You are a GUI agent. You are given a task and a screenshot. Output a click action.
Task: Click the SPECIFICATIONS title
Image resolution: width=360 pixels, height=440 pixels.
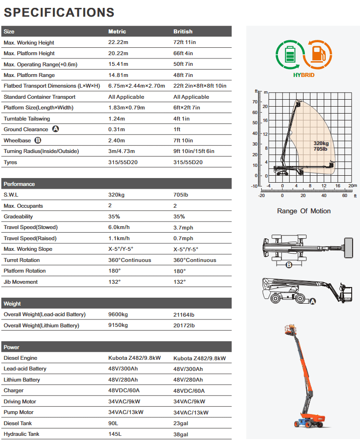59,12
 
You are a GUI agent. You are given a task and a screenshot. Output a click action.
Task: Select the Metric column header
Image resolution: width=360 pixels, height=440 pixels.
117,32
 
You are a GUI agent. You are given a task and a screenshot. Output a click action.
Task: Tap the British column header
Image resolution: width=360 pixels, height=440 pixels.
183,32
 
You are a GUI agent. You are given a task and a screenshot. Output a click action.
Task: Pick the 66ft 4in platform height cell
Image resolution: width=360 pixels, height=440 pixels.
183,53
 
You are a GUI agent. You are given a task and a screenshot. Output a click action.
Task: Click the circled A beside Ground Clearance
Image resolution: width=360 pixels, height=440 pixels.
56,129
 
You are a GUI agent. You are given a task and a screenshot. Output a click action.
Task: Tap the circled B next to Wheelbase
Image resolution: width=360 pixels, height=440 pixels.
38,140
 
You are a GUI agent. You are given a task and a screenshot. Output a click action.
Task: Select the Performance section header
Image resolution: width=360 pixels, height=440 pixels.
19,184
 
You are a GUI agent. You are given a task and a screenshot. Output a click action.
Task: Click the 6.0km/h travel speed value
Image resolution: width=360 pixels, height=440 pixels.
119,227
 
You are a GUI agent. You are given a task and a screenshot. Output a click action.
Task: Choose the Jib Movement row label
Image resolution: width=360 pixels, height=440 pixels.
21,282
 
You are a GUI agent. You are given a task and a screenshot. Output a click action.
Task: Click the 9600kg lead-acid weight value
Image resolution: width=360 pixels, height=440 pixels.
118,314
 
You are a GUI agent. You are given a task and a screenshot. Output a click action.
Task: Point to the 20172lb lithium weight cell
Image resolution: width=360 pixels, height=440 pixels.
184,325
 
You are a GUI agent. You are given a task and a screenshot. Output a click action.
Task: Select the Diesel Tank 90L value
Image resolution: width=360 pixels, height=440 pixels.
114,423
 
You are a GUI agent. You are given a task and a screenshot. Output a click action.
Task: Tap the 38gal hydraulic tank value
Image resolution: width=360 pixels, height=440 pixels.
181,434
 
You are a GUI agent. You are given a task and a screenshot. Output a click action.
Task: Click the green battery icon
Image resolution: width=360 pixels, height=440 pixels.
289,55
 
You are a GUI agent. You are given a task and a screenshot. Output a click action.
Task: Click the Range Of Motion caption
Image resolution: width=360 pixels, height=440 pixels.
304,211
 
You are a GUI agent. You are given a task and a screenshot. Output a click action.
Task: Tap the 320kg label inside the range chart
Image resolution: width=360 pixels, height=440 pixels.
321,144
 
